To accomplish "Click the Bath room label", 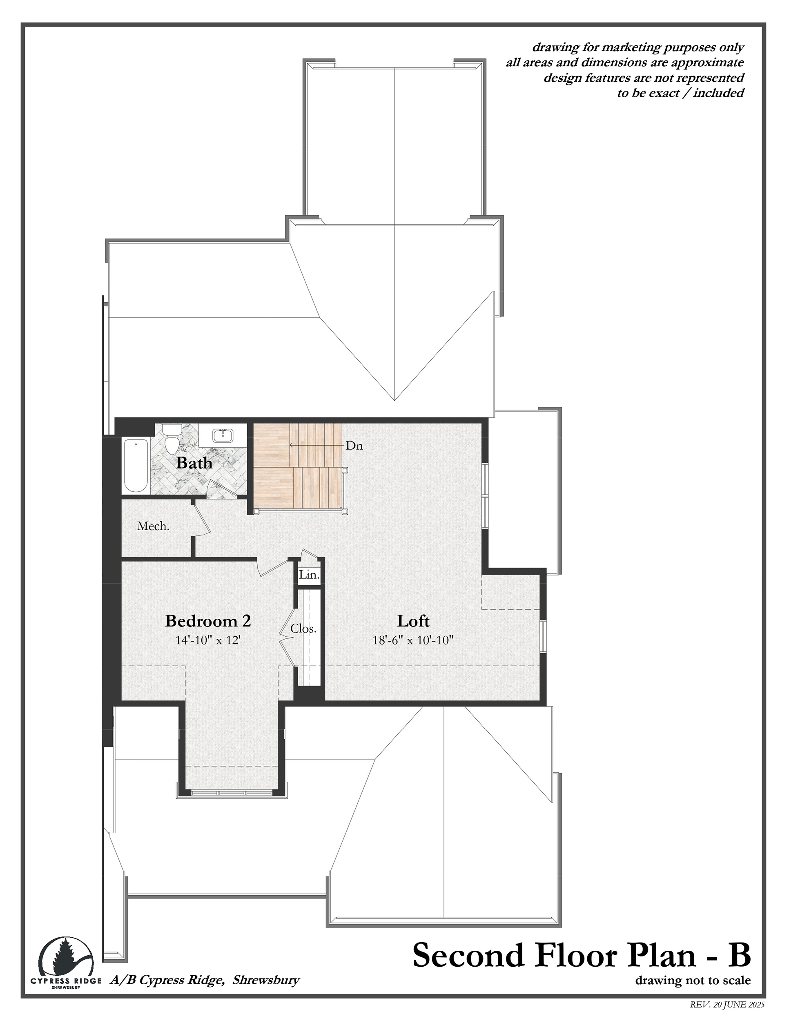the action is coord(194,463).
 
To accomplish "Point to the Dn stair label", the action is coord(354,446).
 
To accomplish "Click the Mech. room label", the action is coord(153,526).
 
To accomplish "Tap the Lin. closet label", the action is coord(309,575).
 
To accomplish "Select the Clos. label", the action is coord(303,629).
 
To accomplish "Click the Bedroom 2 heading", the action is coord(208,621).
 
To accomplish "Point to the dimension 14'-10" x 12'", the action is coord(208,640).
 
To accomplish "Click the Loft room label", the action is coord(413,621).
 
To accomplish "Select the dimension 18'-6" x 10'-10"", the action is coord(413,640).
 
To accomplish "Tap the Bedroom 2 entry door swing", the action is coord(272,567).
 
